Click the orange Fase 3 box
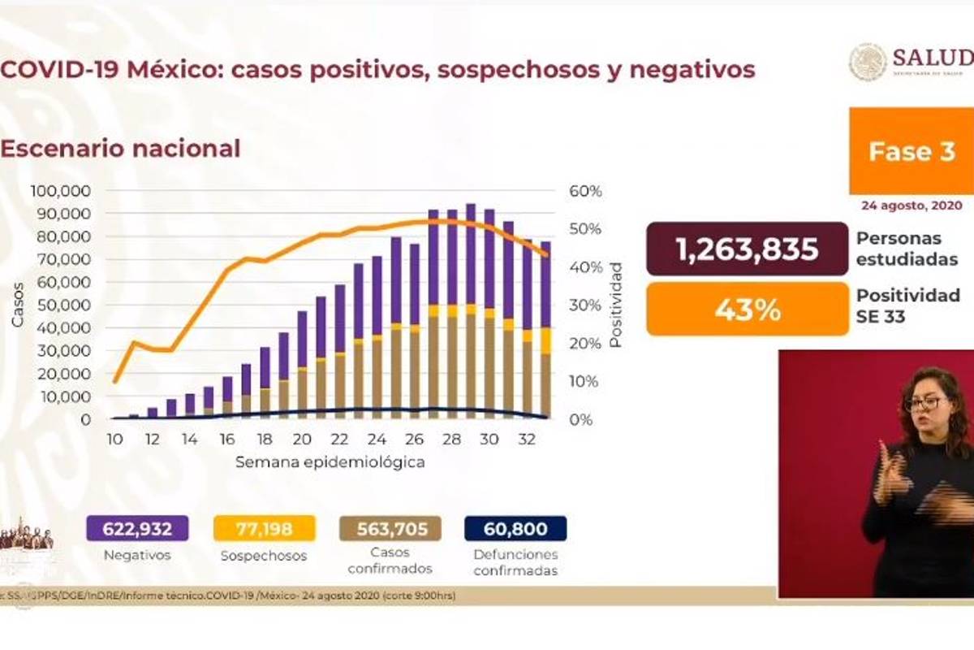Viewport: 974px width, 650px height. click(x=912, y=151)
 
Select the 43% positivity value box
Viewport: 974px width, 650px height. click(x=748, y=310)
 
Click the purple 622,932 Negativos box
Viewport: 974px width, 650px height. click(x=137, y=529)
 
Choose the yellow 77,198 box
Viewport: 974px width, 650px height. click(x=264, y=529)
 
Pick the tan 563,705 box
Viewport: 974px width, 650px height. click(x=390, y=529)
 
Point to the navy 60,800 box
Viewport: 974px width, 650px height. click(x=515, y=529)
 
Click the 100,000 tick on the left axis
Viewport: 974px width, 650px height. click(x=61, y=191)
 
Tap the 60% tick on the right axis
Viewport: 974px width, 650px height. click(x=585, y=191)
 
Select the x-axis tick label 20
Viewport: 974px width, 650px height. click(x=302, y=440)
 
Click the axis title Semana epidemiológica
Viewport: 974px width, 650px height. click(x=330, y=462)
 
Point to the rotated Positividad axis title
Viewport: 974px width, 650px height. click(x=616, y=305)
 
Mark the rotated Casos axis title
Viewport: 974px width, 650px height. click(x=18, y=305)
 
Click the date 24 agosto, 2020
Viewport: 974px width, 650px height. click(x=911, y=206)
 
